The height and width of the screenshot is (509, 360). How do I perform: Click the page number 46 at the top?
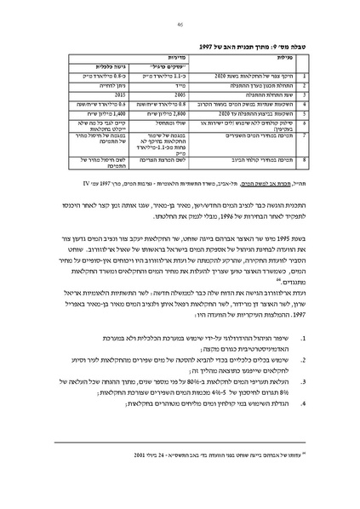180,26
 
